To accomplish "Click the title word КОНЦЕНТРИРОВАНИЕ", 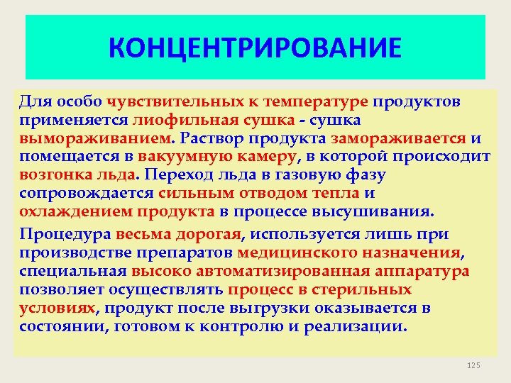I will click(x=255, y=48).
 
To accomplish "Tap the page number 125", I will click(x=473, y=365).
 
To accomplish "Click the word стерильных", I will click(x=370, y=289).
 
